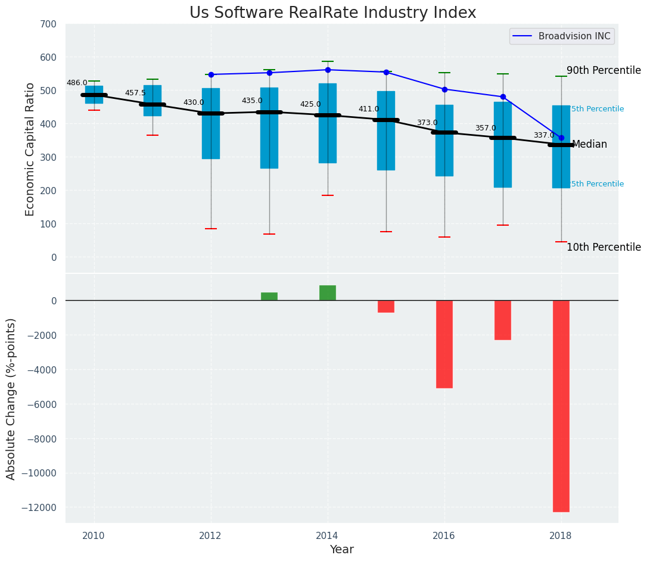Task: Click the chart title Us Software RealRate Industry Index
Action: tap(332, 13)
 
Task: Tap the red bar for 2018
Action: tap(561, 406)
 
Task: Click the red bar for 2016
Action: tap(444, 344)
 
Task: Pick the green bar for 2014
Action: tap(328, 293)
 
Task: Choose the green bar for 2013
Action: tap(269, 297)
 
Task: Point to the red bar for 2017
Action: tap(503, 320)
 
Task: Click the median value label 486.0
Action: tap(77, 83)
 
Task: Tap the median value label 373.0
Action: tap(427, 123)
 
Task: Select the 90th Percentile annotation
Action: tap(604, 70)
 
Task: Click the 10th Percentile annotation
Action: tap(604, 247)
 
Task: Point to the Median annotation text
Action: tap(589, 145)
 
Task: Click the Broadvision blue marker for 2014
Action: tap(328, 70)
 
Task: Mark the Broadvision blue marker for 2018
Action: tap(561, 138)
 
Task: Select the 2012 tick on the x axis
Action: tap(210, 535)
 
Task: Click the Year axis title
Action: tap(342, 550)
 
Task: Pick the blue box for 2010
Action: tap(94, 95)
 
